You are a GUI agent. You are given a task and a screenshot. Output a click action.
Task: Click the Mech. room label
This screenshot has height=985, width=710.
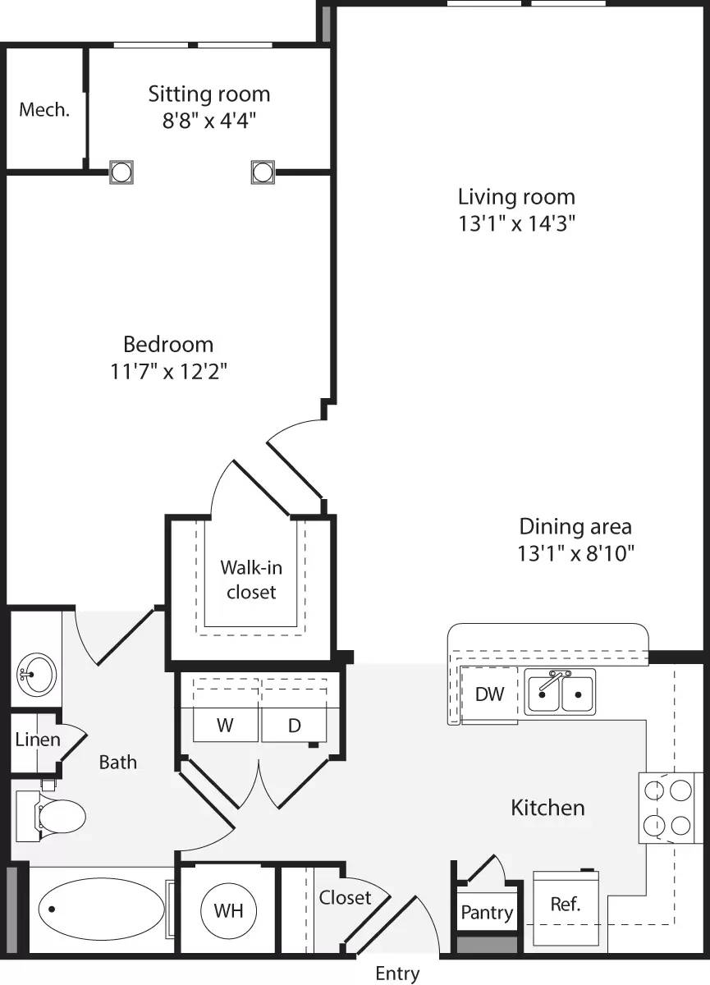[x=44, y=110]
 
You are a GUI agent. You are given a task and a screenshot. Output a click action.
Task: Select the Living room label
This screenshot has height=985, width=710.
[x=516, y=197]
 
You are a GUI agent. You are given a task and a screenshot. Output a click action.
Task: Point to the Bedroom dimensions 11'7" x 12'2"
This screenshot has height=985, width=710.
[x=169, y=372]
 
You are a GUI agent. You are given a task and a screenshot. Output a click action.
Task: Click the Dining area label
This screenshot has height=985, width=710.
[x=576, y=526]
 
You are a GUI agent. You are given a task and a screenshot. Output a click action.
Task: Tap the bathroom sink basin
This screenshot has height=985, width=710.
[x=35, y=676]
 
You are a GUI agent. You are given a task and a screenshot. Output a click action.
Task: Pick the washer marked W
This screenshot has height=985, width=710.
[x=226, y=726]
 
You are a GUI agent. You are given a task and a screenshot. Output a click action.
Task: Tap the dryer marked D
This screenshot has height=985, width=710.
[x=293, y=726]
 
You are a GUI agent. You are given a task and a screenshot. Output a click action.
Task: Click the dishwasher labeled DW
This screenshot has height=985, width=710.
[x=489, y=694]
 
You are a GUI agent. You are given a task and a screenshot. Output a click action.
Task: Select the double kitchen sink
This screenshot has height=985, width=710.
[x=561, y=692]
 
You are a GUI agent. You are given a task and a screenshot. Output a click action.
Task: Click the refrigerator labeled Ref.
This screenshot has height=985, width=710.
[x=566, y=905]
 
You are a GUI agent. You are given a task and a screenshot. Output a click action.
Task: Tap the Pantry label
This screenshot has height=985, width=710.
[x=487, y=912]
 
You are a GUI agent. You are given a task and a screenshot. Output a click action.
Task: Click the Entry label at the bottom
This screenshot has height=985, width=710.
[x=397, y=974]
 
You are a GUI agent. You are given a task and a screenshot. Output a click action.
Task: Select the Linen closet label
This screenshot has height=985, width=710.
[x=38, y=740]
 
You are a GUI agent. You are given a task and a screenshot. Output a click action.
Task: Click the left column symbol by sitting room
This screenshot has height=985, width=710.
[x=121, y=172]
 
